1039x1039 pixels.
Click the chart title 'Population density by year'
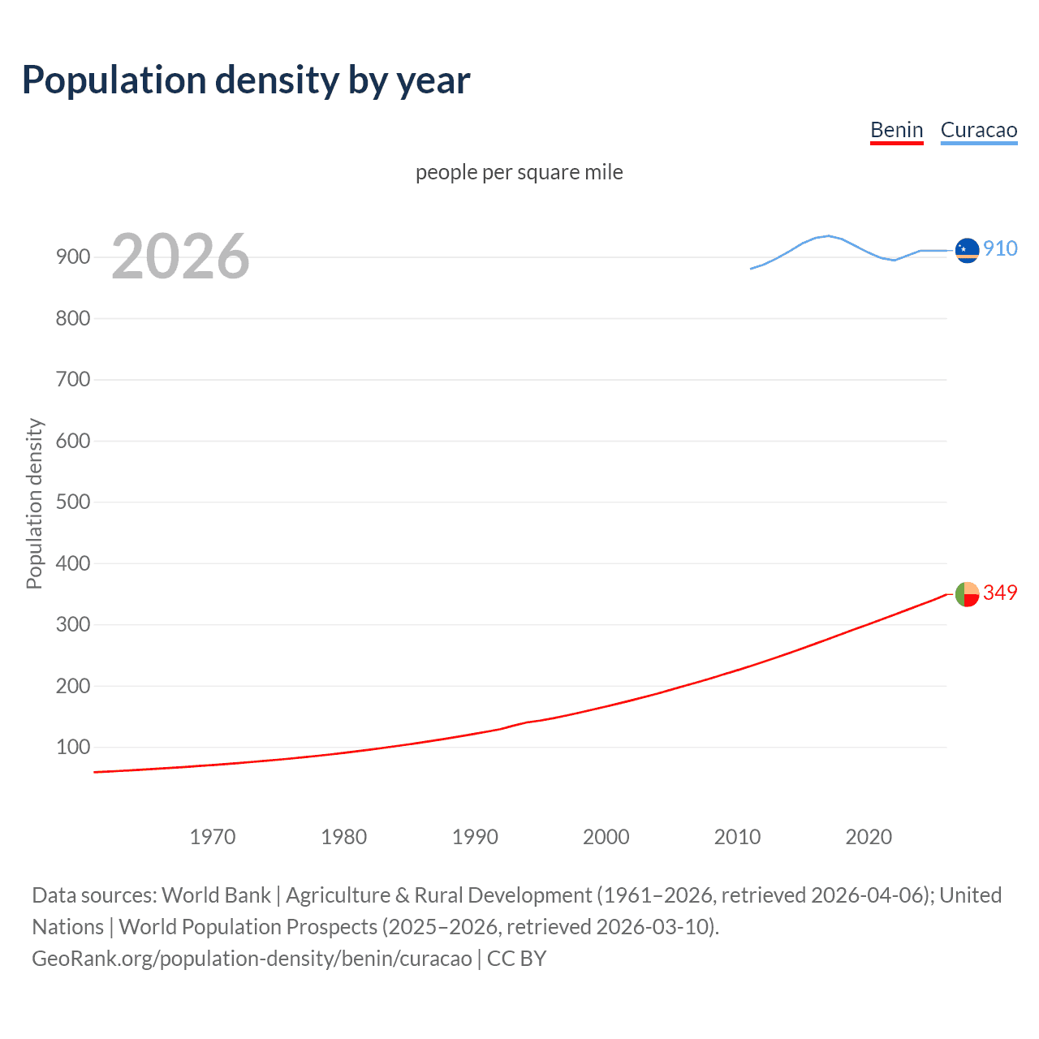246,80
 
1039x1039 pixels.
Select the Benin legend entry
896,130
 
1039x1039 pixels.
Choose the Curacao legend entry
978,130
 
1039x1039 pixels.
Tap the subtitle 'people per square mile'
519,172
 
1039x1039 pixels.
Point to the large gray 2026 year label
180,257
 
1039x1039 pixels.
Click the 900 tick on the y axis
72,257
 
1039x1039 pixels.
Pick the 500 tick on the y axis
72,502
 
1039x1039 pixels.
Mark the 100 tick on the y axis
72,747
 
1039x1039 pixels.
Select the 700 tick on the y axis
72,379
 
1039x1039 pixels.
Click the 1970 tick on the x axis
213,837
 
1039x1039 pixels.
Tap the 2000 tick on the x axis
606,837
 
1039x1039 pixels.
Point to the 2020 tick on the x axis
869,837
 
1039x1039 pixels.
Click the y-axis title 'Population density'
34,503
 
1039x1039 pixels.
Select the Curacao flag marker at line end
967,251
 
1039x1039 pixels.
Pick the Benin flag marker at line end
967,594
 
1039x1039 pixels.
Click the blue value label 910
1000,248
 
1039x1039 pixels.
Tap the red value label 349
1000,593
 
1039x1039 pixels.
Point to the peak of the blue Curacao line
828,235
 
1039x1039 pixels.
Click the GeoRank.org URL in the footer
252,959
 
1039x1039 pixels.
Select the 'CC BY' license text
516,959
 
